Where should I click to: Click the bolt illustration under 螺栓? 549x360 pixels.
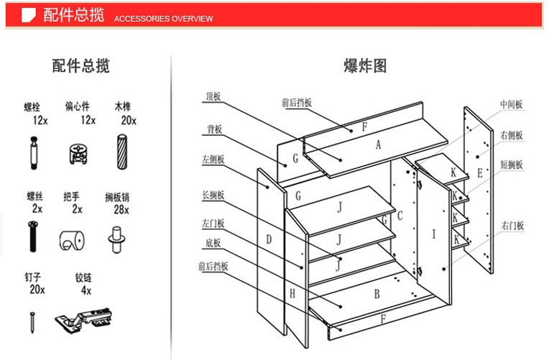tap(34, 153)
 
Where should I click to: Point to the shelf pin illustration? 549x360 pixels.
tap(116, 237)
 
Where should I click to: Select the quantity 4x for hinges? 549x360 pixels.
tap(86, 290)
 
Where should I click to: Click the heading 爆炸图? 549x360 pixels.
tap(366, 68)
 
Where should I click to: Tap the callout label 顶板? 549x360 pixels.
tap(213, 96)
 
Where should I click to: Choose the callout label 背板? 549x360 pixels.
tap(214, 129)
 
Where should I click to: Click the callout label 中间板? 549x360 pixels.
tap(512, 105)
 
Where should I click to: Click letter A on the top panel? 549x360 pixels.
tap(378, 144)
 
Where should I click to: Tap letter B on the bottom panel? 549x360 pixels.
tap(376, 293)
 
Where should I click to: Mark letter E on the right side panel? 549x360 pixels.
tap(479, 173)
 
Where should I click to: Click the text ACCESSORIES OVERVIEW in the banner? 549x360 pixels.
tap(164, 19)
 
